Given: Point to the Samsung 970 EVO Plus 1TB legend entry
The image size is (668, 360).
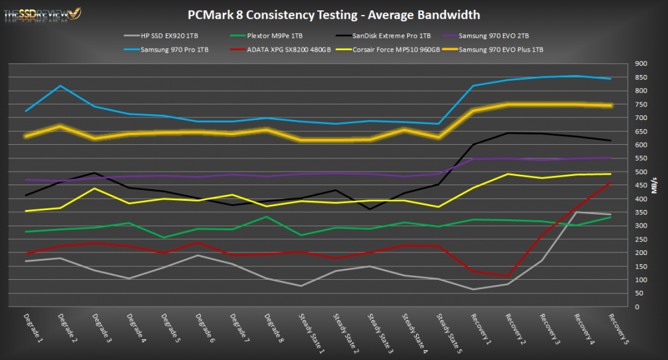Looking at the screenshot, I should pyautogui.click(x=501, y=50).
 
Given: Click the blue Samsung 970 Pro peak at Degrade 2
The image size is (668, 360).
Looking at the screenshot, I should pyautogui.click(x=60, y=86).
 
